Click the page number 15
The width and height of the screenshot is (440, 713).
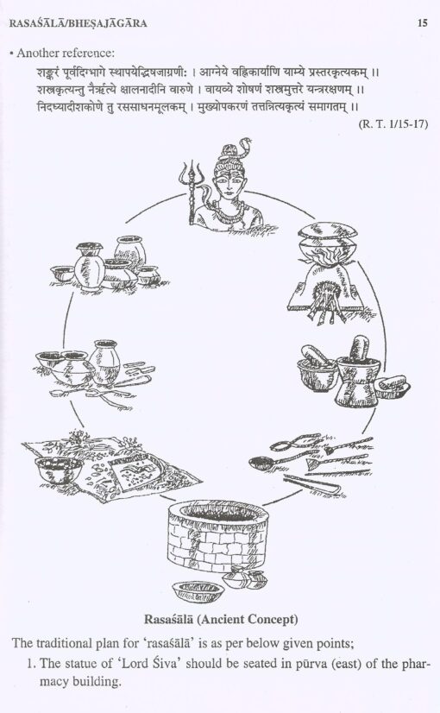(422, 22)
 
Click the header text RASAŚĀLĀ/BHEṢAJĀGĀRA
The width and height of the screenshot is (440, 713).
(79, 23)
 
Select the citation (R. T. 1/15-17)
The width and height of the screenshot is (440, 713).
(393, 123)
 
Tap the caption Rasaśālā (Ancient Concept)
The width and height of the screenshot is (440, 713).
(221, 619)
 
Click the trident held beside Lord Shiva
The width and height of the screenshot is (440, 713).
(191, 191)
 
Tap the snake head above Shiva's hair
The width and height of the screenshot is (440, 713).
(246, 142)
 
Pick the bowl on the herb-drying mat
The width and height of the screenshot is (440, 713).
(58, 470)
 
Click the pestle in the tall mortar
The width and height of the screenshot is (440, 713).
(361, 348)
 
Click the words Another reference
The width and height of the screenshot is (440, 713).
(65, 54)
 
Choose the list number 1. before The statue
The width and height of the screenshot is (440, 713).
(31, 664)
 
